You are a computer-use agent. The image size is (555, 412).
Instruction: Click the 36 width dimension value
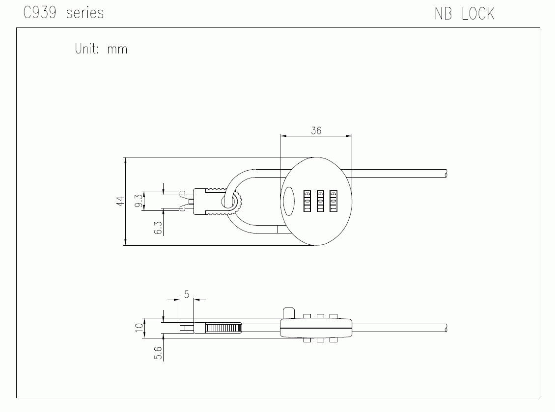(x=316, y=131)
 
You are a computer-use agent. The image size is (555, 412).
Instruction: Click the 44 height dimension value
(x=120, y=201)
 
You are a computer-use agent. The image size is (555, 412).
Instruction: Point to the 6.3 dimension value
(x=158, y=228)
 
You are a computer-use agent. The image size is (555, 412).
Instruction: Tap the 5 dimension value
(x=187, y=294)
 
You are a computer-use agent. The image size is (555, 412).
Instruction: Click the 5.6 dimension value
(x=158, y=353)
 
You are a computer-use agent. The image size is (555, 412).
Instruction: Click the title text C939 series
(x=63, y=13)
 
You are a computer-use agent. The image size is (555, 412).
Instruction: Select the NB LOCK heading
(x=465, y=14)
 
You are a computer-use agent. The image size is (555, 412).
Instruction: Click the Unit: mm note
(x=101, y=49)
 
